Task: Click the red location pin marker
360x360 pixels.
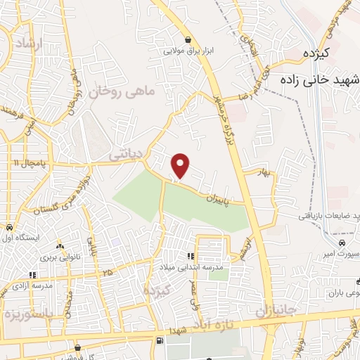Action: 181,165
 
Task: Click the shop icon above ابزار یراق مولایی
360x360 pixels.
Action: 188,40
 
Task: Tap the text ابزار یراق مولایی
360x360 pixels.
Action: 188,51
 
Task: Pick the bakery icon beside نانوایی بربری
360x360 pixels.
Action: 60,246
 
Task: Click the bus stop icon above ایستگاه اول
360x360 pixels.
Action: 9,228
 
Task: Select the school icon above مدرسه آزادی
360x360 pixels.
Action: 32,275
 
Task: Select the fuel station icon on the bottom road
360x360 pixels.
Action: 158,342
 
